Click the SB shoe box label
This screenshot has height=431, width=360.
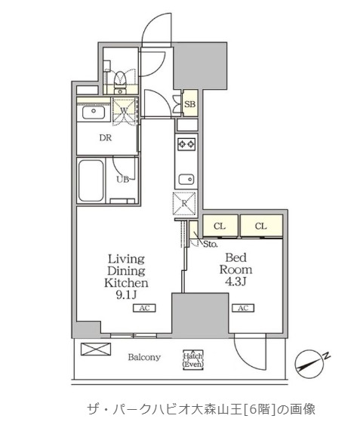pyautogui.click(x=190, y=104)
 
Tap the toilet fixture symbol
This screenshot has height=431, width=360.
pyautogui.click(x=120, y=80)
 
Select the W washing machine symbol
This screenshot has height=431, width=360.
pyautogui.click(x=125, y=110)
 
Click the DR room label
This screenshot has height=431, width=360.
pyautogui.click(x=106, y=137)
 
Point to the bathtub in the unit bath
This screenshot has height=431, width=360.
pyautogui.click(x=91, y=180)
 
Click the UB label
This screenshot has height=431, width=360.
pyautogui.click(x=122, y=180)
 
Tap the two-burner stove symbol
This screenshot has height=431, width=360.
pyautogui.click(x=186, y=143)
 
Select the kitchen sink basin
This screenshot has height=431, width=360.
pyautogui.click(x=186, y=180)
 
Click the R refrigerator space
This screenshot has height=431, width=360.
pyautogui.click(x=184, y=204)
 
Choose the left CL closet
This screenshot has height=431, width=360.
pyautogui.click(x=220, y=226)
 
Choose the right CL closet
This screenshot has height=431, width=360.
pyautogui.click(x=261, y=226)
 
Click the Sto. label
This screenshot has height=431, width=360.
pyautogui.click(x=211, y=244)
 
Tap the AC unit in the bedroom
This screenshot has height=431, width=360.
pyautogui.click(x=243, y=308)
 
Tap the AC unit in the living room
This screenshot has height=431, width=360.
pyautogui.click(x=145, y=308)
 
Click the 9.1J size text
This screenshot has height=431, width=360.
pyautogui.click(x=126, y=294)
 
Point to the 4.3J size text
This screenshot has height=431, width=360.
pyautogui.click(x=235, y=282)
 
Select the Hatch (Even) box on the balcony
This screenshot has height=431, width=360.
pyautogui.click(x=193, y=360)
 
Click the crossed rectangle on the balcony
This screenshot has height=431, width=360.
pyautogui.click(x=96, y=349)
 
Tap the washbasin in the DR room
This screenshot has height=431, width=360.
pyautogui.click(x=94, y=112)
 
